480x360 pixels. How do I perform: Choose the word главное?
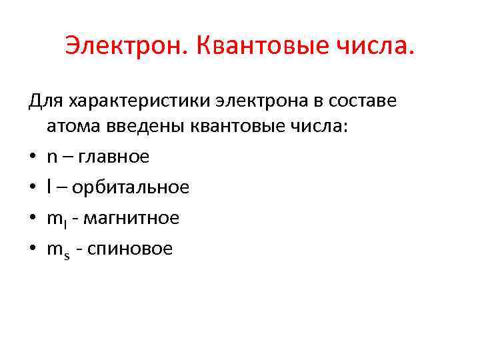pos(114,157)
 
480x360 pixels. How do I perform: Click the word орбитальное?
pos(131,187)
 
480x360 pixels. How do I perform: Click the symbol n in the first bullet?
pos(52,158)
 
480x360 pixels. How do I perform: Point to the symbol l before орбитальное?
pos(49,187)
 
